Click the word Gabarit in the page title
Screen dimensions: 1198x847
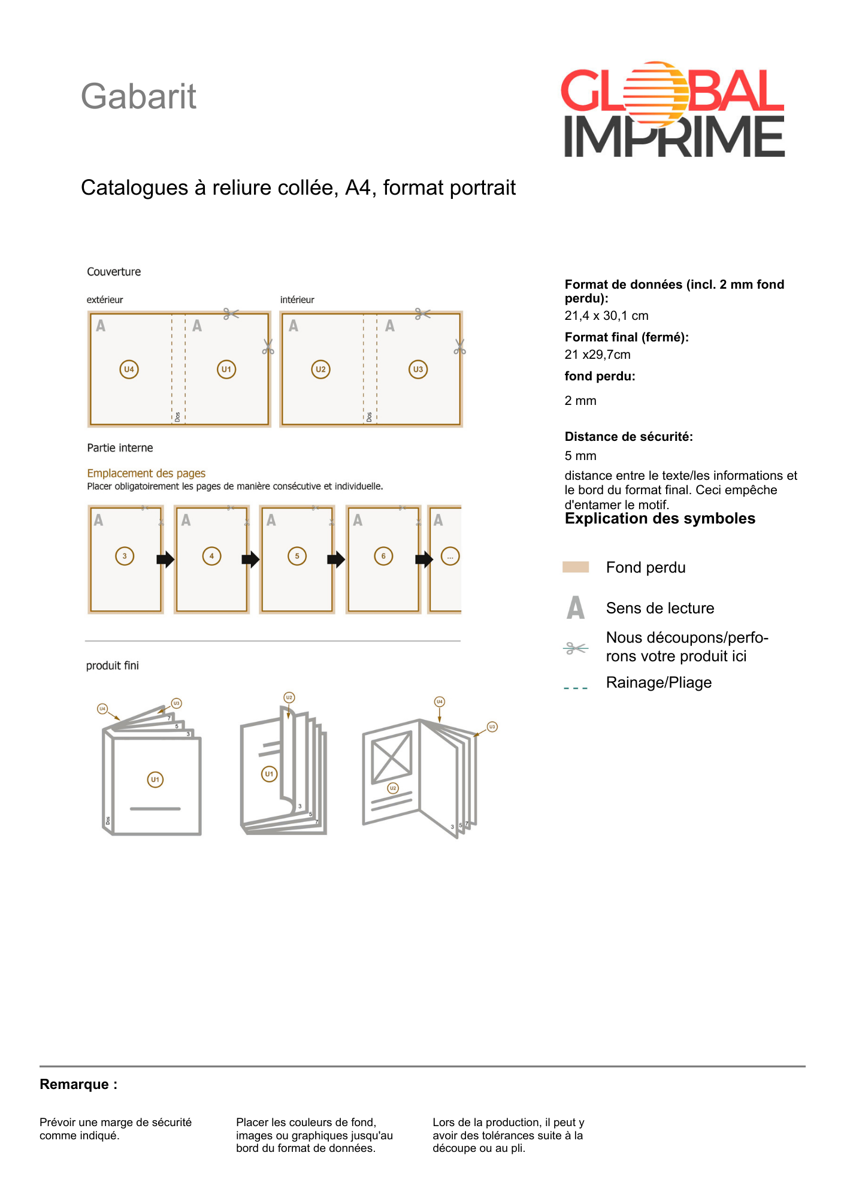(138, 96)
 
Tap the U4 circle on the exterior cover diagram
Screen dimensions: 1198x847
(129, 369)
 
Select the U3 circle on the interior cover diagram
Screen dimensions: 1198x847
(418, 369)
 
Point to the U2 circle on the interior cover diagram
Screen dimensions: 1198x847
(320, 369)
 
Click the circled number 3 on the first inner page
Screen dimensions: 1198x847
(125, 556)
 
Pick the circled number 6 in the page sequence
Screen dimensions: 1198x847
(383, 556)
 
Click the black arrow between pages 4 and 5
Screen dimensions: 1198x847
(250, 559)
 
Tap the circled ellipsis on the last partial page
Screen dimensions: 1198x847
(450, 556)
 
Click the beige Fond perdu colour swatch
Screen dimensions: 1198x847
(576, 567)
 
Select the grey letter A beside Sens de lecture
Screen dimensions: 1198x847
(576, 607)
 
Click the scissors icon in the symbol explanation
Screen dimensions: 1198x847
(576, 648)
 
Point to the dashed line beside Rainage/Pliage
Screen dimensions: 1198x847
(576, 688)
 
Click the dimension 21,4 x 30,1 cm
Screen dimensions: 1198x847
(606, 316)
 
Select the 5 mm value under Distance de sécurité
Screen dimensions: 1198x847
(580, 456)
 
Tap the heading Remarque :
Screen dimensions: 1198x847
(78, 1084)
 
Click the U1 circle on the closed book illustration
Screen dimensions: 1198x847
(155, 779)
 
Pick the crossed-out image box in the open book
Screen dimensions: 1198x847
(392, 757)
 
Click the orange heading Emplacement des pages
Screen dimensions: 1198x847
(146, 473)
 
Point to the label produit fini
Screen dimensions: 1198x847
(113, 665)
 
